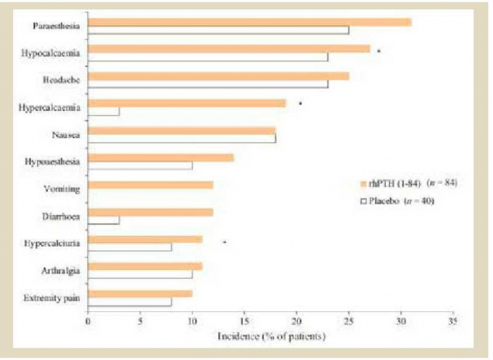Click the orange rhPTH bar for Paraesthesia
(250, 22)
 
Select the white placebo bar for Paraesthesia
(218, 30)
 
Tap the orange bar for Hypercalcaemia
(187, 103)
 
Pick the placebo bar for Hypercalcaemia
(104, 112)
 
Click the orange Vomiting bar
(150, 185)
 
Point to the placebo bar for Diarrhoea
(104, 220)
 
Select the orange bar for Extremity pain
(140, 293)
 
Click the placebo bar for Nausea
(182, 139)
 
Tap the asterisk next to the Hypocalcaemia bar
(378, 51)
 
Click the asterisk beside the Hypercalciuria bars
(224, 242)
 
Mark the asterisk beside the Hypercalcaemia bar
(300, 104)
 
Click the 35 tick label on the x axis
(453, 321)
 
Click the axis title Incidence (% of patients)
(271, 337)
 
